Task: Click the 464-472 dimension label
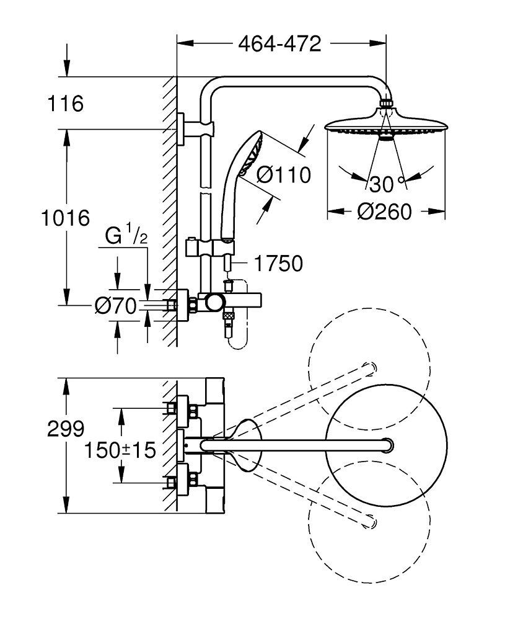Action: [x=279, y=43]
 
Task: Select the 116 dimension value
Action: [x=65, y=104]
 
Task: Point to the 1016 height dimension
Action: [x=66, y=218]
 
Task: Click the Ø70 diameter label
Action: [x=115, y=306]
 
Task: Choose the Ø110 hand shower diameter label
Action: [x=284, y=175]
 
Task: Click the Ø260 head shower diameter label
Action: [x=385, y=212]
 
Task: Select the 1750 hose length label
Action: [x=278, y=264]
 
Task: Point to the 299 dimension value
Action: [x=66, y=429]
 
